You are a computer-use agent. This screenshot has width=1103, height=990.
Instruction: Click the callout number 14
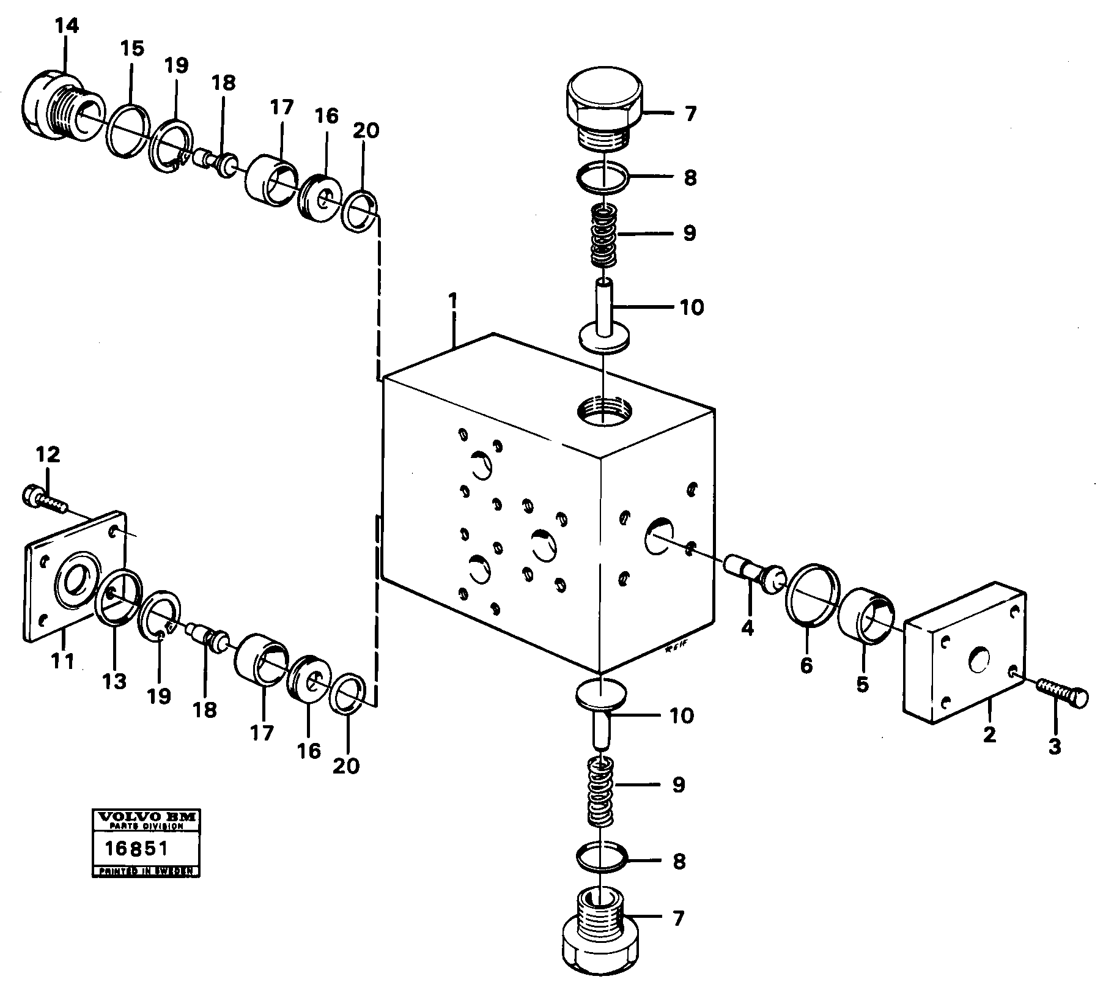[67, 26]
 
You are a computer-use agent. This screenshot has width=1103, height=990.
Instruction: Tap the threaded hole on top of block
[602, 410]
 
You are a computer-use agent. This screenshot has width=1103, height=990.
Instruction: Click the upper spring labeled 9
[603, 235]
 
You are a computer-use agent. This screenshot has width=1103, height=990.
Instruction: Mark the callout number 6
[806, 665]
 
